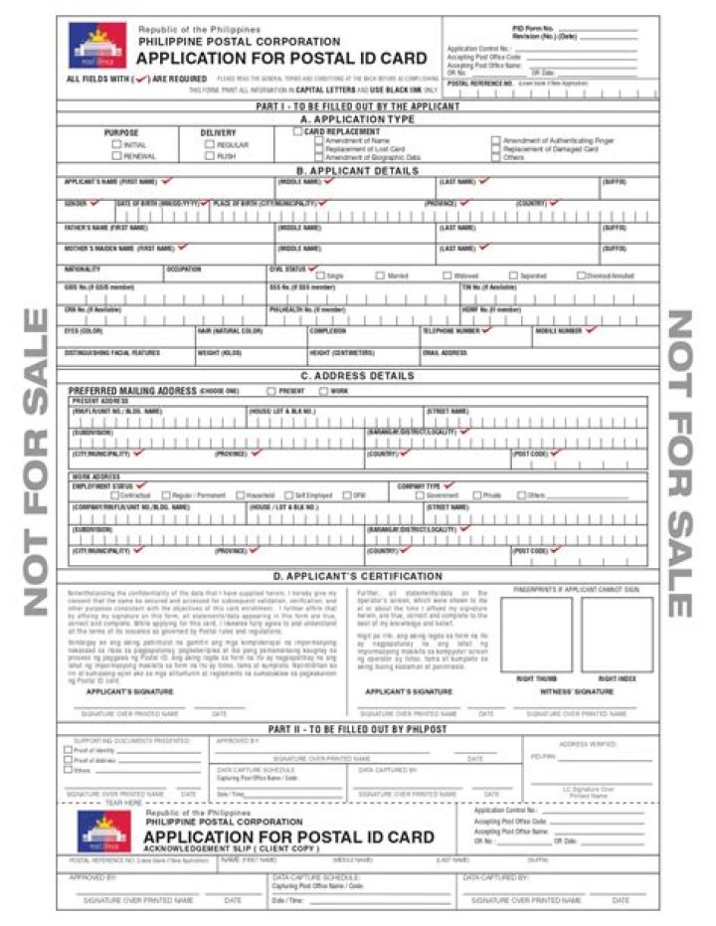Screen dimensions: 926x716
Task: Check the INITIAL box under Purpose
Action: tap(116, 145)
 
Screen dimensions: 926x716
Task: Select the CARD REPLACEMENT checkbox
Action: tap(297, 131)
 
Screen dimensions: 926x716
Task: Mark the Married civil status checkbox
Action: tap(380, 276)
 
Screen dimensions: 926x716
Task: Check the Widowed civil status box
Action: tap(447, 276)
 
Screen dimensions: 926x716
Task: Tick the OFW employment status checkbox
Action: tap(347, 494)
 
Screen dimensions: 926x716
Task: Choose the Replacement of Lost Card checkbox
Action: tap(318, 149)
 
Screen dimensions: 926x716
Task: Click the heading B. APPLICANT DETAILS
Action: tap(357, 170)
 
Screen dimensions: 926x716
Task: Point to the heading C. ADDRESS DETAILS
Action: tap(357, 376)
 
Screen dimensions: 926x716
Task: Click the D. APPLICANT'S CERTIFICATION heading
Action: tap(357, 576)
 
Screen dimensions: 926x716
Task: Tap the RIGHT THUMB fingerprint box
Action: tap(536, 635)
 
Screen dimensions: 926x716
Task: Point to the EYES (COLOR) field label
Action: tap(85, 330)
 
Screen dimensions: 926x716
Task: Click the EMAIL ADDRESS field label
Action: tap(445, 353)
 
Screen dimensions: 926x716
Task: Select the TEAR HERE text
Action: tap(123, 802)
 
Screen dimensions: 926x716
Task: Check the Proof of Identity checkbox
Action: tap(68, 751)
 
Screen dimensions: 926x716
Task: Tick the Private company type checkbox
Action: tap(475, 494)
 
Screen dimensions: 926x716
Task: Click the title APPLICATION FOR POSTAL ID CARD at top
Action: tap(282, 59)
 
